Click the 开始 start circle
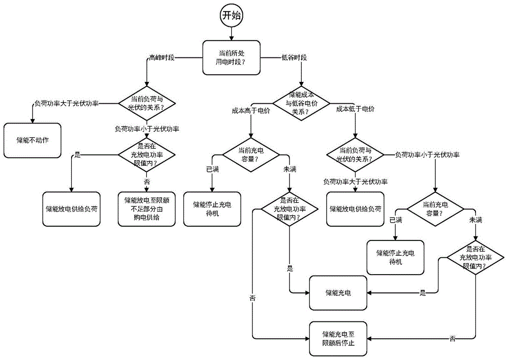point(231,16)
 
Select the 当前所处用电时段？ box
point(231,57)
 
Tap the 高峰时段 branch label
point(162,57)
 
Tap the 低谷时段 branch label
point(294,57)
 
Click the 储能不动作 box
point(33,139)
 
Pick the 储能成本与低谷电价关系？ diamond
point(303,103)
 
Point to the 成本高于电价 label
point(250,110)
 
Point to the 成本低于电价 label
point(355,110)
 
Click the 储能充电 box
point(338,293)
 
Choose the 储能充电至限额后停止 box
point(338,339)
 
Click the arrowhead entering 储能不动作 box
point(33,120)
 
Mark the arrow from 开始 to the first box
point(231,33)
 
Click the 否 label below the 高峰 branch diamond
point(147,181)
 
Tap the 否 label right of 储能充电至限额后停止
point(452,339)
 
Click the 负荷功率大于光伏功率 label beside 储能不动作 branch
point(66,103)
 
